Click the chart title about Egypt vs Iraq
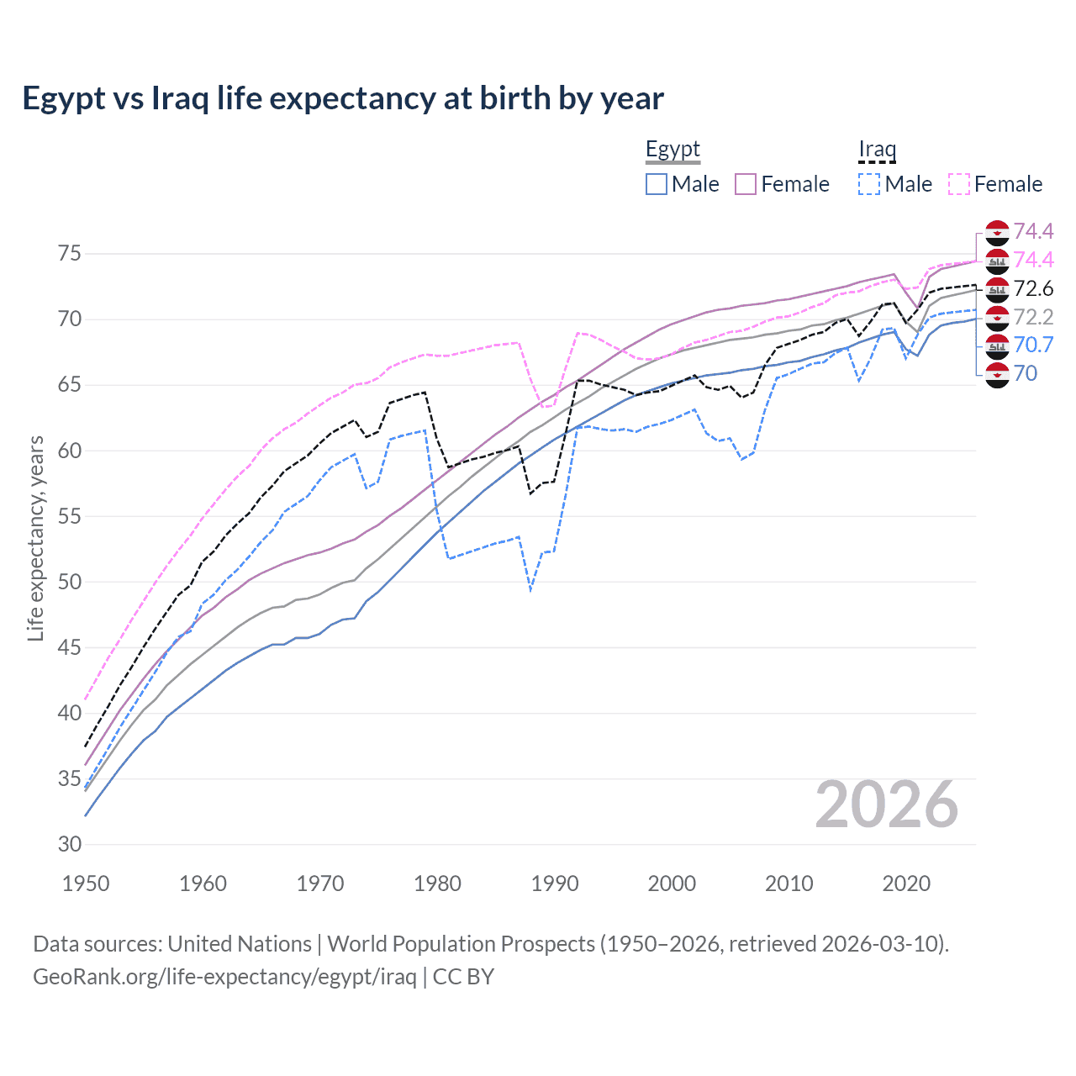343,98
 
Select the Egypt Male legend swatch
657,184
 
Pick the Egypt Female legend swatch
746,184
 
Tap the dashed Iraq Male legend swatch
869,184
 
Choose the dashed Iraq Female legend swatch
959,184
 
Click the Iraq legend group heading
877,150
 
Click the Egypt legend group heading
672,150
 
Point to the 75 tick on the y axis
69,254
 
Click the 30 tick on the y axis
69,844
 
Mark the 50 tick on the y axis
69,582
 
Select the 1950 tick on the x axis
86,883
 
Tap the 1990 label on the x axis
555,883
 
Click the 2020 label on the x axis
906,883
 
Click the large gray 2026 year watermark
887,804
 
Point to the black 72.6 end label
1033,289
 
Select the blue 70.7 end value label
1033,345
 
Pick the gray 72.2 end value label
1033,317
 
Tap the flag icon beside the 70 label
997,374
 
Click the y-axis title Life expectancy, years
35,538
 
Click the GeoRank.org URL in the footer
224,977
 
